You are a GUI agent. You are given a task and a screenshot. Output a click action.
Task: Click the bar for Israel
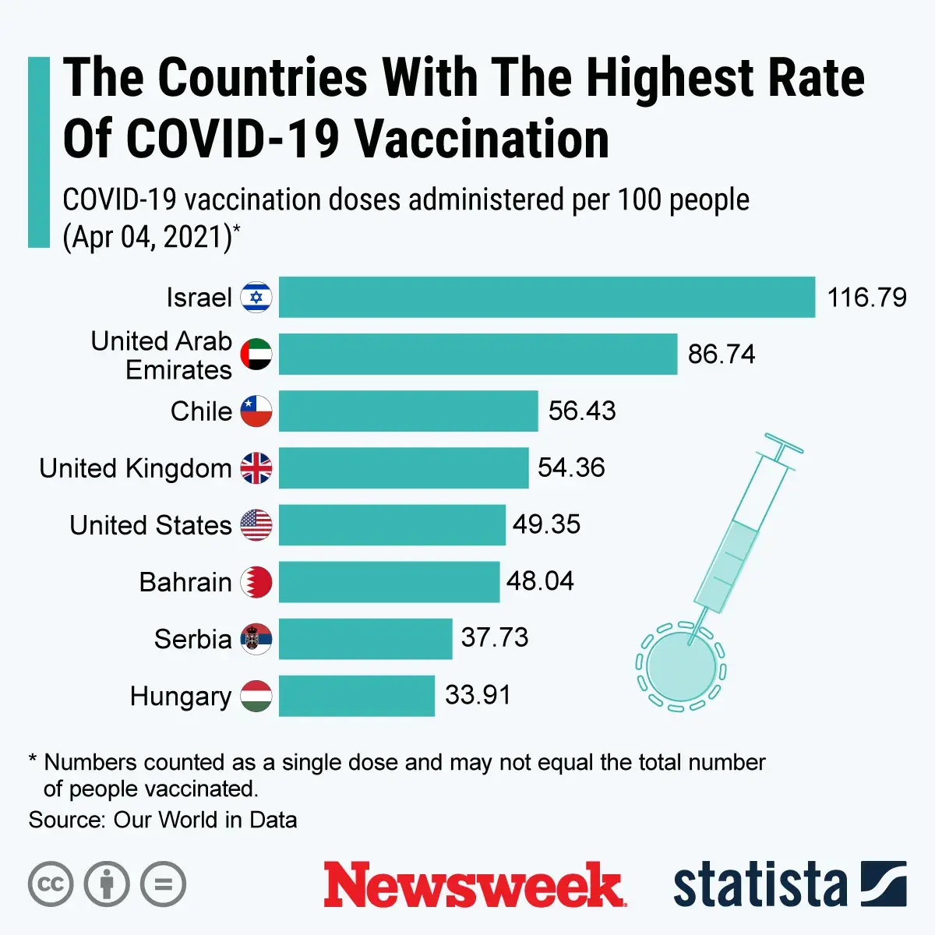[546, 297]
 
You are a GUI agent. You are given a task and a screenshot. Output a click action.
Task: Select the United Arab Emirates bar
[478, 354]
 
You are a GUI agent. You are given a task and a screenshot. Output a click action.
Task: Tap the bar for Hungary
[356, 695]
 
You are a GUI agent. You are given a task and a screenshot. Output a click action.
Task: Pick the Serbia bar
[365, 638]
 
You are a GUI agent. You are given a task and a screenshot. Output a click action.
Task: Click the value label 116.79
[866, 298]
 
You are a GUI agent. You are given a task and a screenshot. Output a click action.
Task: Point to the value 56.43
[581, 411]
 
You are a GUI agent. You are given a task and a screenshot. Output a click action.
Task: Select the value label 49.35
[546, 524]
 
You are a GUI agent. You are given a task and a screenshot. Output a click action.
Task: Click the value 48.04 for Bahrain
[540, 581]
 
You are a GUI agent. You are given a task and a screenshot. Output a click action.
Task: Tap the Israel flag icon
[256, 297]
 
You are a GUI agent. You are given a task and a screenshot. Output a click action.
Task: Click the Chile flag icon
[256, 411]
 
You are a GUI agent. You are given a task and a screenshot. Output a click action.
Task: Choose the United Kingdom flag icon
[256, 467]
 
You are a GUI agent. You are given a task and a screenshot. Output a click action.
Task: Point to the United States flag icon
[256, 524]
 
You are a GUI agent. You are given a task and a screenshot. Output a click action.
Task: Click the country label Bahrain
[185, 582]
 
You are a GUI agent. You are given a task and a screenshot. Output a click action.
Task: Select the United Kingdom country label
[136, 468]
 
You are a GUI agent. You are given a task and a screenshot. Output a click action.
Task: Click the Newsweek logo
[474, 885]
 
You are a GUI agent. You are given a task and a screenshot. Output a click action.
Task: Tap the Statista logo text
[760, 885]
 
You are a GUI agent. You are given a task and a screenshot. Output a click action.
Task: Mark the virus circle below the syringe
[681, 667]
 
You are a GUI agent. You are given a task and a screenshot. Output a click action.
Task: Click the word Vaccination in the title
[482, 140]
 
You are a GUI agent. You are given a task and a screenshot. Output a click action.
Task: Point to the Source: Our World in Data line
[163, 820]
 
